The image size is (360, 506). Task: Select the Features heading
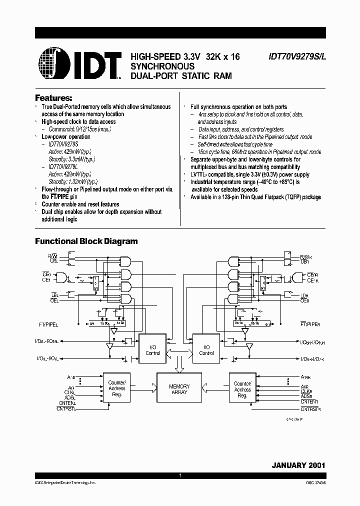click(53, 97)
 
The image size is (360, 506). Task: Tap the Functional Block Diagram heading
click(86, 241)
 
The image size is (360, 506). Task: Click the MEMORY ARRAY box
click(179, 389)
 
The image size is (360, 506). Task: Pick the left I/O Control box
click(152, 350)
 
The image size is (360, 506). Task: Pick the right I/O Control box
click(206, 350)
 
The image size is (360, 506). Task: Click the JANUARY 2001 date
click(298, 465)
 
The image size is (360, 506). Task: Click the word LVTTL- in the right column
click(200, 174)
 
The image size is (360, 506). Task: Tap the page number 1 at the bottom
click(180, 475)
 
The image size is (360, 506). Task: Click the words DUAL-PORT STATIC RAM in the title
click(181, 76)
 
